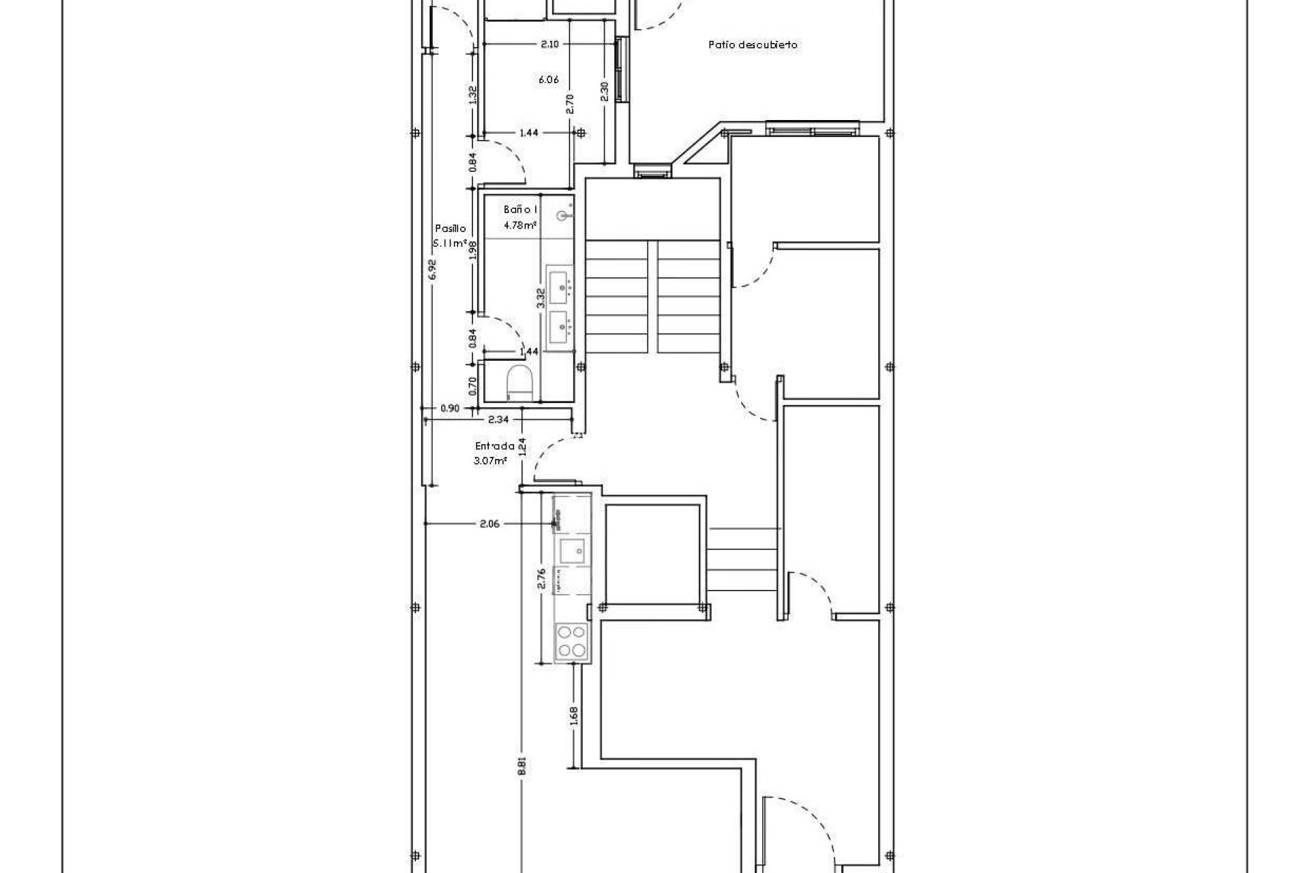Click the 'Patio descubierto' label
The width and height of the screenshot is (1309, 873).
click(753, 45)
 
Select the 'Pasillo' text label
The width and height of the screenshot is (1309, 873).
click(450, 229)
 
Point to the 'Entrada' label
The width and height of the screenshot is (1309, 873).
click(494, 446)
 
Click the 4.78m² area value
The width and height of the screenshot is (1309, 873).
click(520, 224)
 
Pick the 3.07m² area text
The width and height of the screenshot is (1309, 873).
click(490, 461)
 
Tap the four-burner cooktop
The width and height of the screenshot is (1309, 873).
click(571, 642)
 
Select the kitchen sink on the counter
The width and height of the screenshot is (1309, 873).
click(571, 548)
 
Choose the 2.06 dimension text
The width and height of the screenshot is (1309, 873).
click(490, 524)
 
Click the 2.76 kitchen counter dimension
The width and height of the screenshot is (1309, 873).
click(542, 578)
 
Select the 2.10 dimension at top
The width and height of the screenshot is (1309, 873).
click(550, 44)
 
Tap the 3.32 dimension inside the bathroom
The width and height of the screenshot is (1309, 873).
click(541, 299)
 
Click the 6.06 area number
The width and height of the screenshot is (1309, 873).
click(548, 80)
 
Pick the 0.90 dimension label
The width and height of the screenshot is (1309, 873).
click(450, 409)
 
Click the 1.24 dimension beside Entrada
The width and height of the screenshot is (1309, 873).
click(523, 447)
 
